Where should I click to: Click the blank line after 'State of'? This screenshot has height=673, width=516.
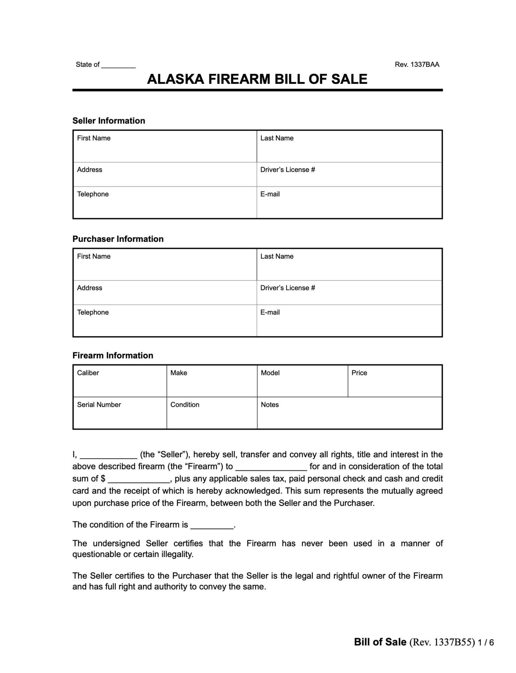click(118, 65)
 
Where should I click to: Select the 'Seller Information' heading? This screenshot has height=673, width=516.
click(109, 121)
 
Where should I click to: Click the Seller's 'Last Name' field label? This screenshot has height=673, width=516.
click(277, 138)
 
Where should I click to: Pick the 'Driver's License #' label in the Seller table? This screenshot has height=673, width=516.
click(287, 170)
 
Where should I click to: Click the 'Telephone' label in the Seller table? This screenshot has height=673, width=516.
click(93, 194)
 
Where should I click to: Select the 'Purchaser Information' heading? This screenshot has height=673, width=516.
click(118, 239)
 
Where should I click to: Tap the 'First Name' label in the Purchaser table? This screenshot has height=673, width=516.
click(94, 256)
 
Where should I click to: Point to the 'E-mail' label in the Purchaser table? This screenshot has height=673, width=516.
click(270, 312)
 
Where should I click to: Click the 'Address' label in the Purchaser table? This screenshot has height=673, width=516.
click(89, 288)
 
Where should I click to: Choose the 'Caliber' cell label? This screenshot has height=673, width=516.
click(88, 373)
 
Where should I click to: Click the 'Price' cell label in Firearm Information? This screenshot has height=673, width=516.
click(359, 373)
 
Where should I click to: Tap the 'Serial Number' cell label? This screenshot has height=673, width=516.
click(99, 405)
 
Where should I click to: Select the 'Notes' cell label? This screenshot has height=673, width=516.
click(269, 405)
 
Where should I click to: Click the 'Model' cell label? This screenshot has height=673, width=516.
click(270, 373)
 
